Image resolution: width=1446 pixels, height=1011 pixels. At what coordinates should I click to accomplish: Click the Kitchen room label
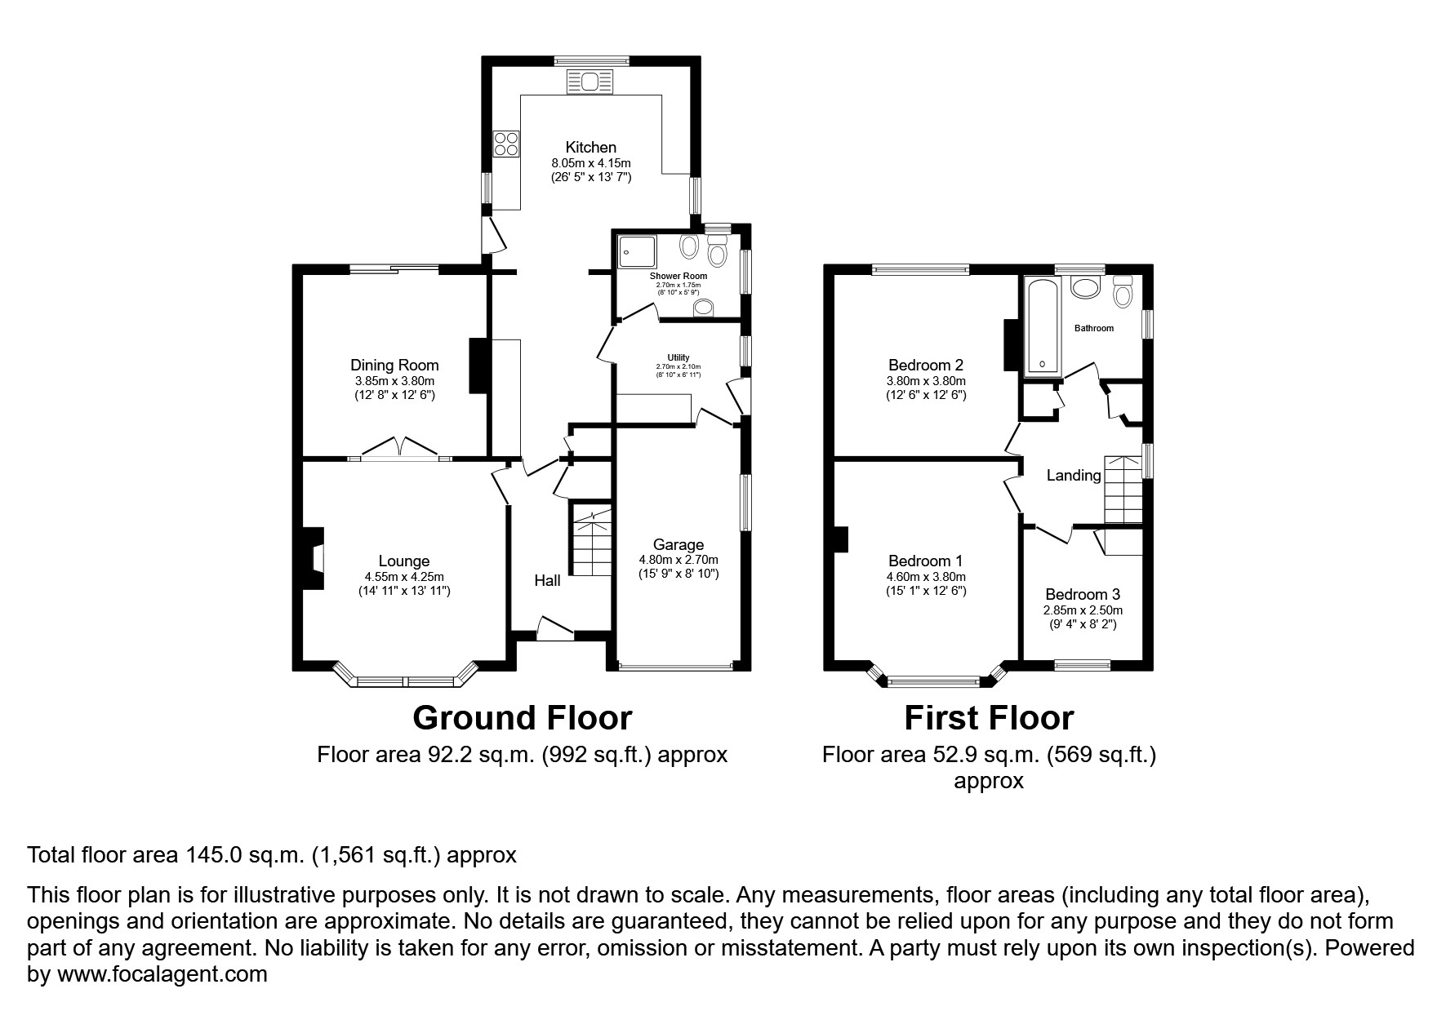591,148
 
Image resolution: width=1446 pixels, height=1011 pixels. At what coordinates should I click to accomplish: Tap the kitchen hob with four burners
506,144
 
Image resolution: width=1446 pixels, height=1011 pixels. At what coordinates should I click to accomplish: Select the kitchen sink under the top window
591,81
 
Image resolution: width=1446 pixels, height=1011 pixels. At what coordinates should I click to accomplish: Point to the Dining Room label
394,366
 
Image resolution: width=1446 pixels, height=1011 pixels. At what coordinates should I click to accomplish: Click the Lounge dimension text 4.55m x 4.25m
404,576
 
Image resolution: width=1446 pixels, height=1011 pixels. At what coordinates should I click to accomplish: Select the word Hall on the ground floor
547,580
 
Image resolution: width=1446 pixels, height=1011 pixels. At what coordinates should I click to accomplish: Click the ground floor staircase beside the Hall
591,540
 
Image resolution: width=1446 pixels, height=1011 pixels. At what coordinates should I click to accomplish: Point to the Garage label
679,544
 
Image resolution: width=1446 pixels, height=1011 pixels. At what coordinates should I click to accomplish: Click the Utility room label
679,357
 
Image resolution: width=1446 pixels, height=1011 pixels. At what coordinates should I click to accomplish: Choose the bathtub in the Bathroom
1042,326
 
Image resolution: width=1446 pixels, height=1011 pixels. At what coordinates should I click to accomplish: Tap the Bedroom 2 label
927,365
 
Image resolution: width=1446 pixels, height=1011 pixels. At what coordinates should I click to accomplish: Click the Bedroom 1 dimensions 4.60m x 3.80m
927,576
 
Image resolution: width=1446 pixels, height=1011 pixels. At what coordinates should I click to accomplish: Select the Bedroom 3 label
1083,595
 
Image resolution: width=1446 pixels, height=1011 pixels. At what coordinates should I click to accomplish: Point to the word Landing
1074,475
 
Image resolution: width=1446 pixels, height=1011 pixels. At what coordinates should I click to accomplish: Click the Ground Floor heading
523,718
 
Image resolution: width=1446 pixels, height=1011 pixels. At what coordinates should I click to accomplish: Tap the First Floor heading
989,718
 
